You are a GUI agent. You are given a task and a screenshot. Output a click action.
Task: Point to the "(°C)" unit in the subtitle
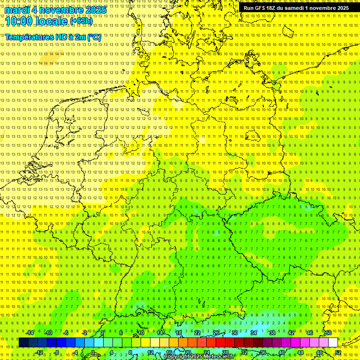[x=93, y=37]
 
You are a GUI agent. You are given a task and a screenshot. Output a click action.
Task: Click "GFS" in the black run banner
[x=262, y=8]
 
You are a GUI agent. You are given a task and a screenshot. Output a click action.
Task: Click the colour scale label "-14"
[x=30, y=333]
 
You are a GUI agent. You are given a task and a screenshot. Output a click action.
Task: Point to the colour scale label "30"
[x=235, y=333]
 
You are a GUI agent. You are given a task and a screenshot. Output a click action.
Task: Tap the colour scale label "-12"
[x=39, y=352]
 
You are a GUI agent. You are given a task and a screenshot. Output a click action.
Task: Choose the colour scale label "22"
[x=197, y=333]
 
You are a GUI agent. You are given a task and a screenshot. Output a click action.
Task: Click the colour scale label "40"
[x=282, y=352]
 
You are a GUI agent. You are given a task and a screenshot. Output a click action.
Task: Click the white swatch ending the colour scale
[x=333, y=342]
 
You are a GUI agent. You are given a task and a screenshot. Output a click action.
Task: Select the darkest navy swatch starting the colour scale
[x=23, y=342]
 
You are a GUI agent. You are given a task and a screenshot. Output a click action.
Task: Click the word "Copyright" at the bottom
[x=177, y=357]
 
